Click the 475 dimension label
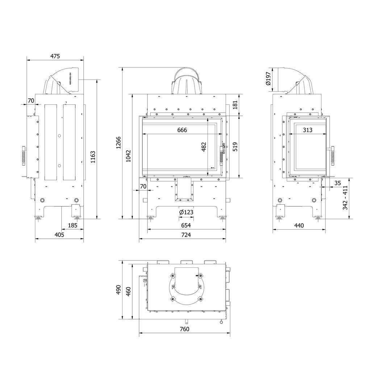click(55, 56)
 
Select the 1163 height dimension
click(93, 157)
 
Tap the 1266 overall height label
click(118, 143)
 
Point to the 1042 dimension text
click(129, 156)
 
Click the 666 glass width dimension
click(182, 130)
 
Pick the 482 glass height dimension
click(204, 147)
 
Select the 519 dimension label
click(235, 147)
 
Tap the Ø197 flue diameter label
click(268, 78)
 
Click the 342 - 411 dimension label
click(345, 198)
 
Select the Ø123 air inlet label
click(186, 212)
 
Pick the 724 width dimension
click(186, 235)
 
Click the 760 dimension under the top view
click(184, 329)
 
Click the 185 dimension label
click(72, 225)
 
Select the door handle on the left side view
click(24, 156)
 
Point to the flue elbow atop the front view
click(186, 82)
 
